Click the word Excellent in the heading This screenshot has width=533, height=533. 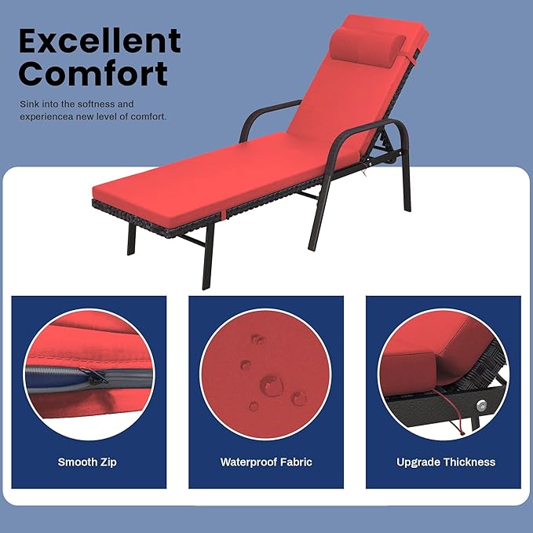click(x=100, y=41)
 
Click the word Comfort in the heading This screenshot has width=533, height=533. click(x=93, y=73)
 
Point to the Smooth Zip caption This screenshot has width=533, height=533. click(x=87, y=462)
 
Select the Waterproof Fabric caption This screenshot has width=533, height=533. click(x=266, y=462)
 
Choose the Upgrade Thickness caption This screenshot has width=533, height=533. click(x=446, y=462)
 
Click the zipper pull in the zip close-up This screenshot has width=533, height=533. click(x=97, y=377)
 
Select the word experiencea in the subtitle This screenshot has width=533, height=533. click(x=45, y=117)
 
